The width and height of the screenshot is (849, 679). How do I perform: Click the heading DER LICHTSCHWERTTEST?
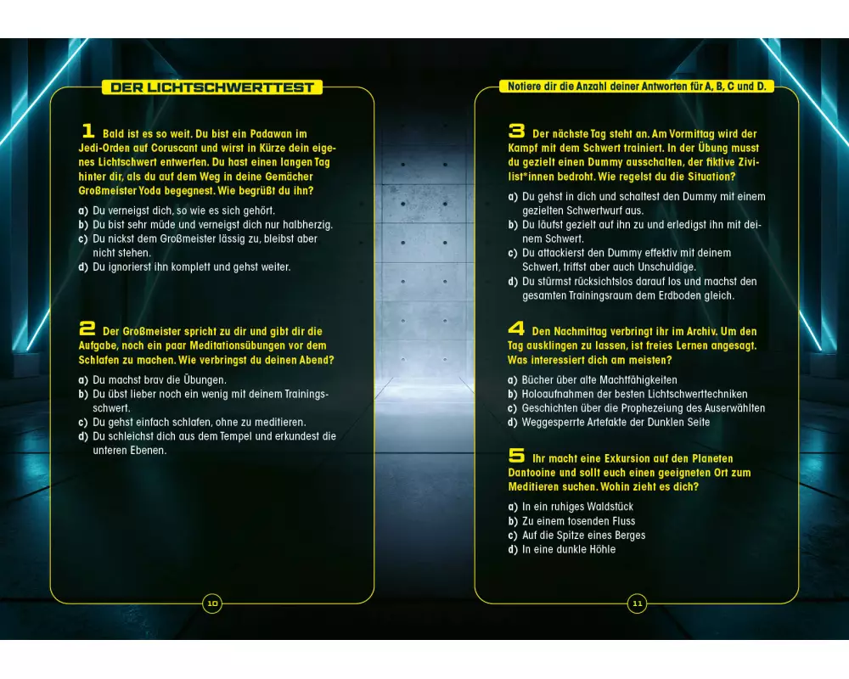[212, 87]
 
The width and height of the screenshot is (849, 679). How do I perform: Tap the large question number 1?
[88, 131]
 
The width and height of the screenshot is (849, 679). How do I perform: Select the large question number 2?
[87, 328]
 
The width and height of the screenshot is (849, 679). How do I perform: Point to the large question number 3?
[516, 131]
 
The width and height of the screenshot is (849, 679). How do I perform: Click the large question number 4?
[516, 328]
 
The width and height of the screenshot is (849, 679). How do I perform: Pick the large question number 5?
[516, 456]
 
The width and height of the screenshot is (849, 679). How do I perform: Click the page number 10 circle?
[212, 603]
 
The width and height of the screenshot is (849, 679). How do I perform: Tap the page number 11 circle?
[638, 603]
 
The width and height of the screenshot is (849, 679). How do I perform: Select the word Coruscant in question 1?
[174, 148]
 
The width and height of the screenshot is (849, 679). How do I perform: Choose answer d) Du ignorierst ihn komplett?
[184, 267]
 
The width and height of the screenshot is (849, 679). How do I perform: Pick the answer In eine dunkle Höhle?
[562, 549]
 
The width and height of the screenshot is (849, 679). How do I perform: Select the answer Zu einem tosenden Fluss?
[571, 521]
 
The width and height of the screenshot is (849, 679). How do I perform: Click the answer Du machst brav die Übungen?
[153, 379]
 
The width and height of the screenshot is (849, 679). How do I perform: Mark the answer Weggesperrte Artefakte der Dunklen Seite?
[609, 423]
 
